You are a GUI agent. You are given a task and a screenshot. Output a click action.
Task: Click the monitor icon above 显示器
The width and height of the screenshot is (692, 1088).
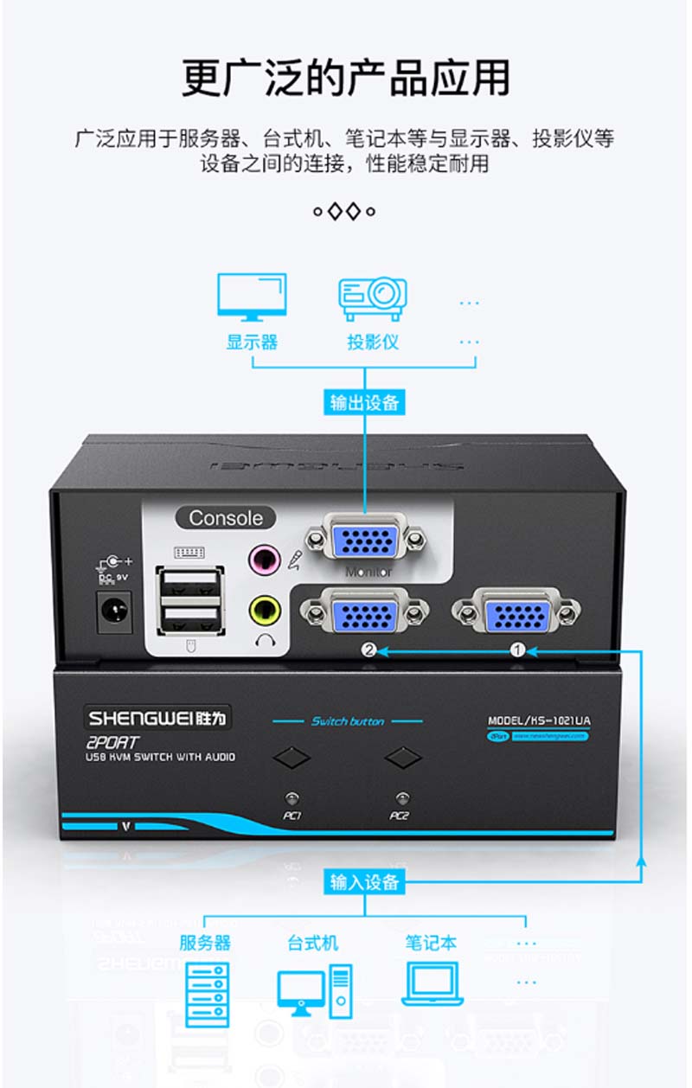tap(252, 297)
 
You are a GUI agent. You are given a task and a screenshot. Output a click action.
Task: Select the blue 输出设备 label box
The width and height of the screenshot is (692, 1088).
tap(365, 402)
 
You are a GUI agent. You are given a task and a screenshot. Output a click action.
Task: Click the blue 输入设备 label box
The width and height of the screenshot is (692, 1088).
tap(365, 882)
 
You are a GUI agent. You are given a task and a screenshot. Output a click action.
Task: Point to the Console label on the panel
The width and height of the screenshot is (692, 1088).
tap(226, 518)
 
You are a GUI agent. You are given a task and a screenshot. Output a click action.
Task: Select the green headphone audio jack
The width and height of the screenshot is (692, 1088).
tap(264, 611)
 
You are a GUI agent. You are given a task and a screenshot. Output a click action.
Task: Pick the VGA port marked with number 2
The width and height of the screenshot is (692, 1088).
tap(365, 612)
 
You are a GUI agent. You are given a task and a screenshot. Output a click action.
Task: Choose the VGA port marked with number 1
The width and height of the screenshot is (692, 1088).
tap(516, 611)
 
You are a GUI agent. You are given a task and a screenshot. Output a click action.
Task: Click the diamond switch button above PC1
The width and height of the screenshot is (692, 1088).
tap(292, 758)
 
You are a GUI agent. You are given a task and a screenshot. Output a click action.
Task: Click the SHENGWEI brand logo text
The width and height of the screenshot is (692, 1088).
tap(160, 717)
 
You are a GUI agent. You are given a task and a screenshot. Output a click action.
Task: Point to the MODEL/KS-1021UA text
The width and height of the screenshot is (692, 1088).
tap(539, 720)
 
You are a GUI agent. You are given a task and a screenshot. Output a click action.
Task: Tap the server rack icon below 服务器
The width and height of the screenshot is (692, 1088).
tap(208, 995)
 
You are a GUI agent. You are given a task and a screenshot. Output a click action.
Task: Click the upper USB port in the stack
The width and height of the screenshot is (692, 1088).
tap(190, 583)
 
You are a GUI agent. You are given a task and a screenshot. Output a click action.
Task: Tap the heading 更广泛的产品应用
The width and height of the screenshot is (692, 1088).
tap(345, 78)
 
